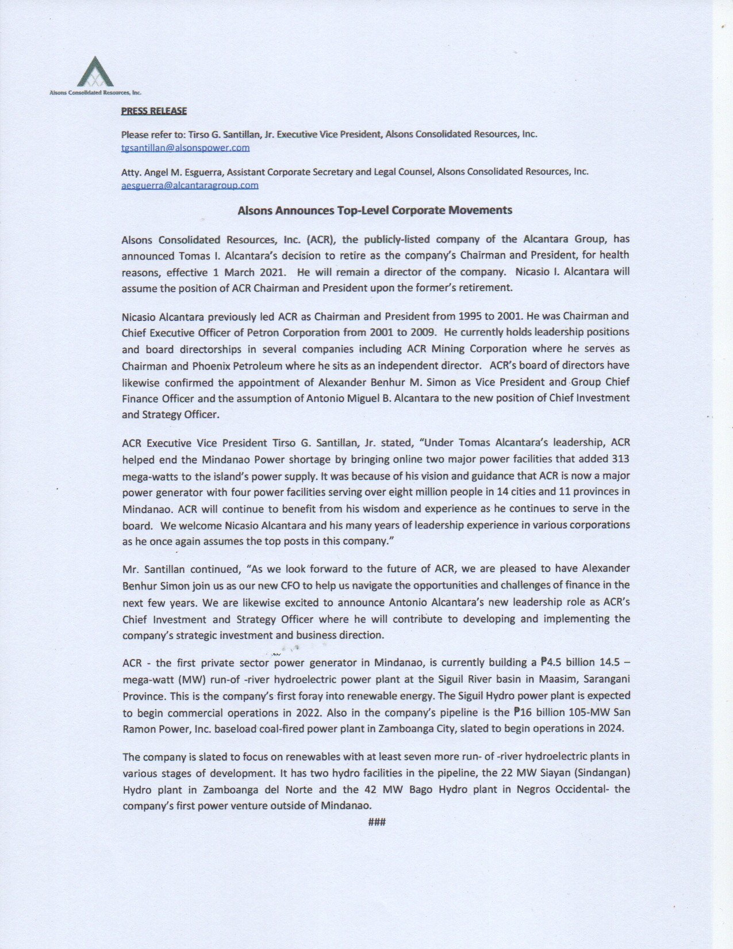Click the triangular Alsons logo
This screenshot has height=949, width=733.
(95, 72)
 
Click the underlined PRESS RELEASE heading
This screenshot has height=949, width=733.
(153, 111)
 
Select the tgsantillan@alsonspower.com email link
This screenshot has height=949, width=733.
(185, 148)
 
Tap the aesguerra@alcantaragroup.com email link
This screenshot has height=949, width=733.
(190, 185)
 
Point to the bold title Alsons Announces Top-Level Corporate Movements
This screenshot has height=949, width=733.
(375, 210)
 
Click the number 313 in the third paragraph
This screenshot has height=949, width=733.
(620, 459)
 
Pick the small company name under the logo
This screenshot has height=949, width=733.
(95, 92)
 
